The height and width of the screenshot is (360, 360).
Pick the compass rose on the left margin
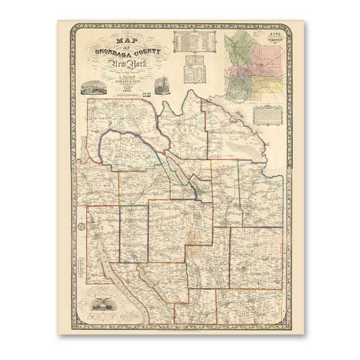[x=82, y=226]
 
